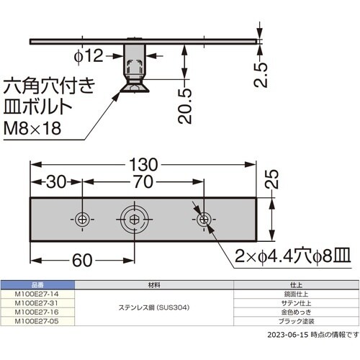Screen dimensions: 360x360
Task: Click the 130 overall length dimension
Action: [143, 163]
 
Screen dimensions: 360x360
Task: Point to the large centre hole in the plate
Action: [133, 219]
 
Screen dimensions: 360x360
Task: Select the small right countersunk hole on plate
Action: [204, 219]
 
